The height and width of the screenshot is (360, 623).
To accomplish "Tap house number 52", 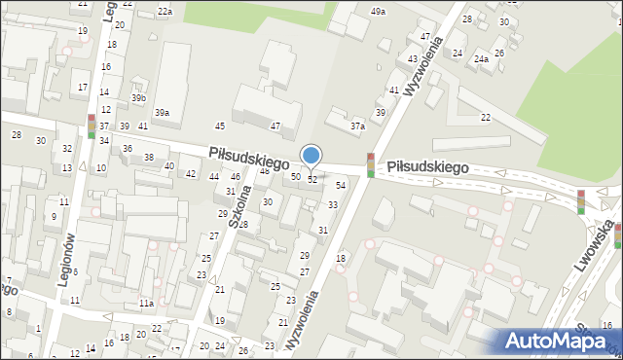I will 312,180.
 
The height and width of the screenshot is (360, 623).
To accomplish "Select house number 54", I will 341,185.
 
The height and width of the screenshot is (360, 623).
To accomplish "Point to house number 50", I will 296,176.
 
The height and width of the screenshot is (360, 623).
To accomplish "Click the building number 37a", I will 358,126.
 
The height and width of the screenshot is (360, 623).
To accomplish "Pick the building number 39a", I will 162,113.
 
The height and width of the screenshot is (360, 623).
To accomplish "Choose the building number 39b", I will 139,98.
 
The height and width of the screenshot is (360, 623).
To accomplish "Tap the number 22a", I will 165,11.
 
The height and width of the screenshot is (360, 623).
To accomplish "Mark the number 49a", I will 378,11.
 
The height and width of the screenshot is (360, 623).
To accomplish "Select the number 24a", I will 481,58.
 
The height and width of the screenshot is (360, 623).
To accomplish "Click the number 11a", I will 145,304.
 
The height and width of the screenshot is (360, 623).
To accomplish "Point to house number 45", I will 220,126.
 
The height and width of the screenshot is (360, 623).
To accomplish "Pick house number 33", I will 333,204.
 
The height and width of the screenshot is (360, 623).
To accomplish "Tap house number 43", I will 413,58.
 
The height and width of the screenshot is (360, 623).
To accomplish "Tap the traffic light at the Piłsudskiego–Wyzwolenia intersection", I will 370,165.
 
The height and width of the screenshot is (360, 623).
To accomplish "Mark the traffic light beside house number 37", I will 92,126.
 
